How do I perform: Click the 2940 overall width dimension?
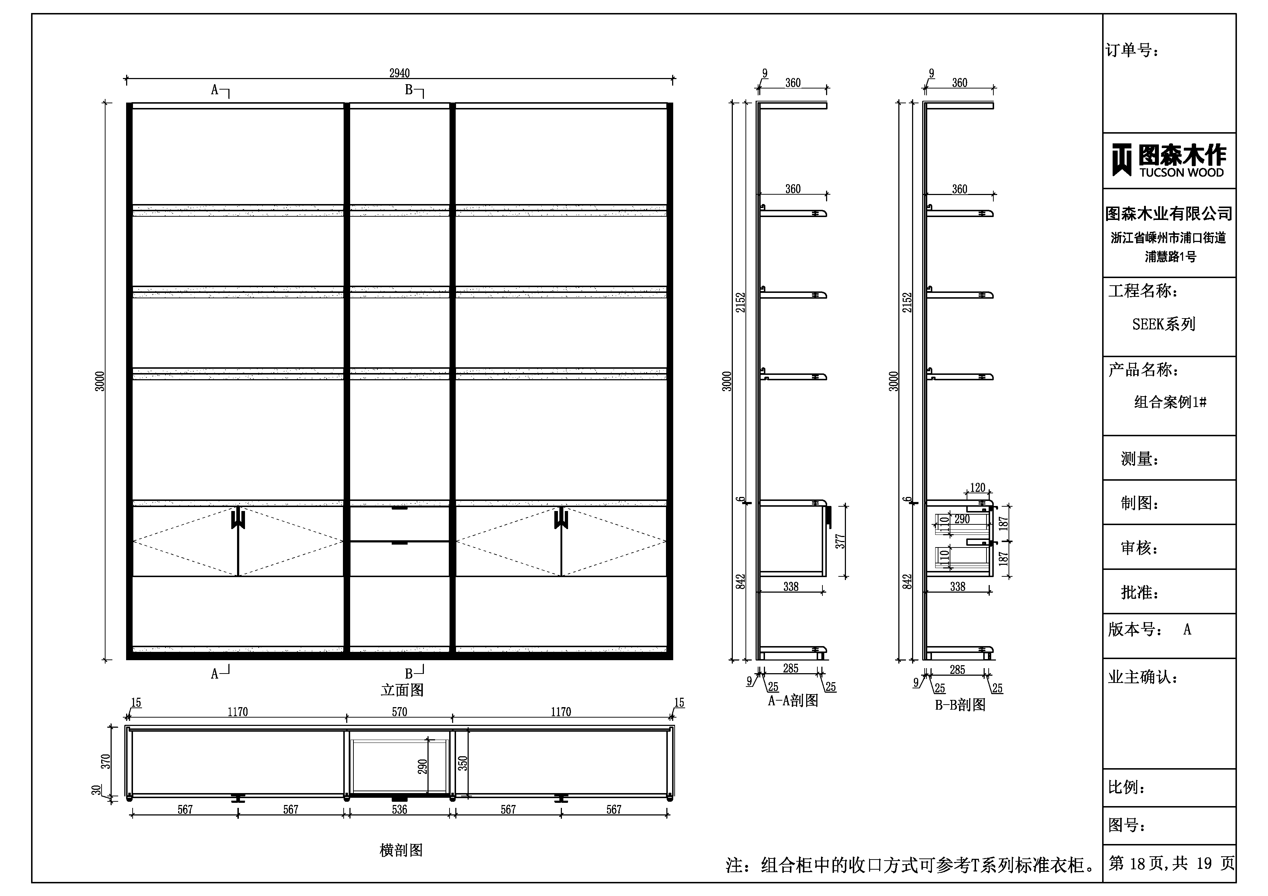tap(399, 73)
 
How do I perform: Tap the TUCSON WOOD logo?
tap(1169, 160)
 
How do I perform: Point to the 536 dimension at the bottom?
tap(399, 809)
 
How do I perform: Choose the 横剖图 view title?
tap(401, 850)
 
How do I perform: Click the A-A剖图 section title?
tap(793, 701)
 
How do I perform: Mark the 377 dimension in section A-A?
tap(840, 541)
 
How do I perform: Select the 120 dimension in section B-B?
tap(977, 488)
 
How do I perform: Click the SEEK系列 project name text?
tap(1164, 324)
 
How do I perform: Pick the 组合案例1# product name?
tap(1170, 402)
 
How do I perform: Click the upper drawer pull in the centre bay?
tap(399, 508)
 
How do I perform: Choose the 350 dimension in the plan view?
tap(463, 763)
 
